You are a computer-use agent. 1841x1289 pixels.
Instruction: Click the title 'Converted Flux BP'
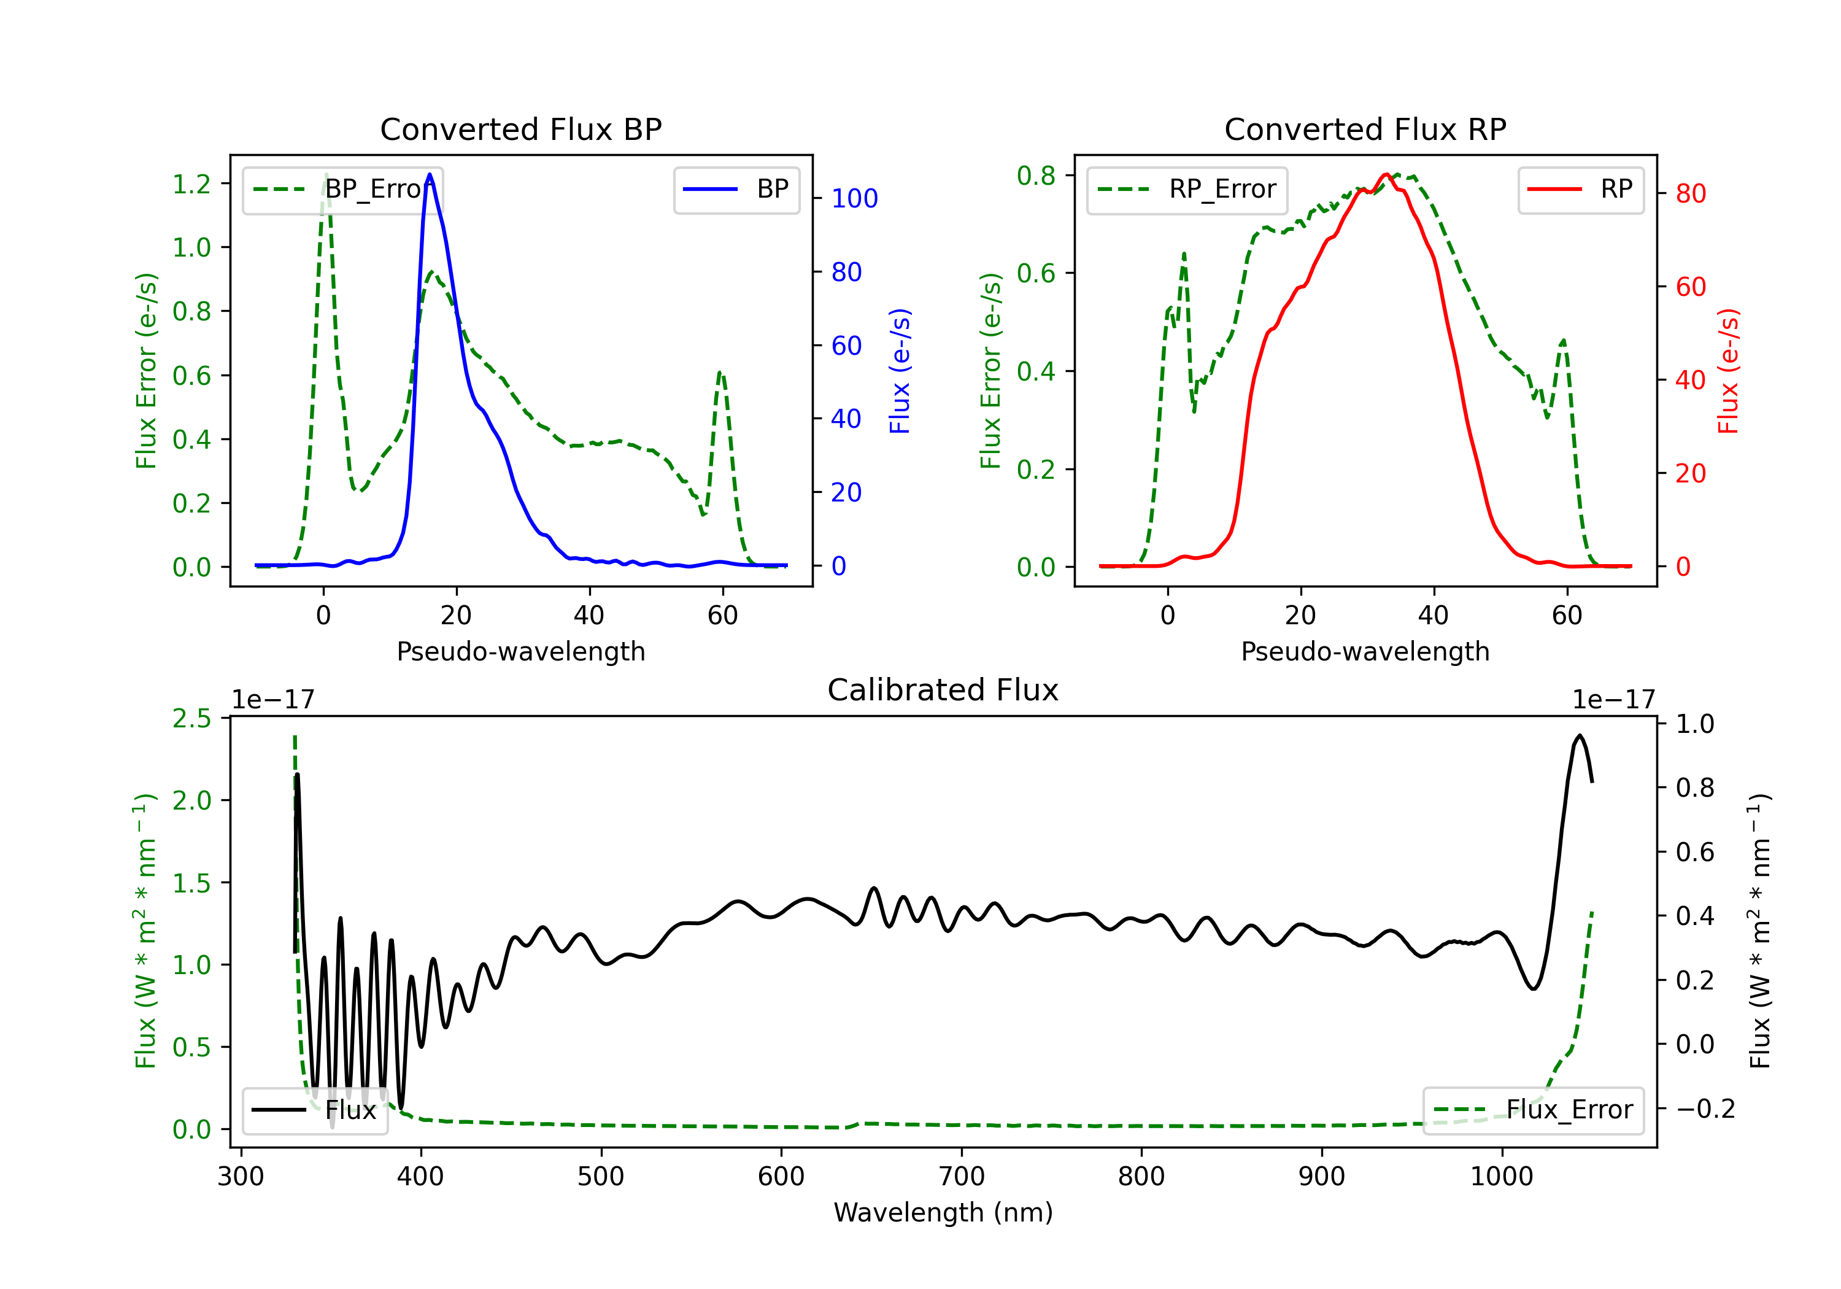(x=520, y=129)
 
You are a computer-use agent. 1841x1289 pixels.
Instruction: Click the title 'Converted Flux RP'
(x=1365, y=129)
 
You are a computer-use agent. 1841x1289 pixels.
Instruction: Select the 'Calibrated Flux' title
(x=943, y=690)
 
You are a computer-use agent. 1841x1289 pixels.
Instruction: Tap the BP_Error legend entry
(x=342, y=189)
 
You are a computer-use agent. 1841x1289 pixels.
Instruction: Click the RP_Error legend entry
(x=1187, y=189)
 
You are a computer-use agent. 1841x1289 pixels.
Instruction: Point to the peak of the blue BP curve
(x=430, y=174)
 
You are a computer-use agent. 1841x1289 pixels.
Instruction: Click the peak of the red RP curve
(x=1386, y=174)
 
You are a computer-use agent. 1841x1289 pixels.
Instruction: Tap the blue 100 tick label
(x=855, y=198)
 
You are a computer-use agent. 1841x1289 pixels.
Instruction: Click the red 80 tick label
(x=1691, y=193)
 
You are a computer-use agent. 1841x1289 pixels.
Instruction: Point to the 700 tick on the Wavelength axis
(x=962, y=1177)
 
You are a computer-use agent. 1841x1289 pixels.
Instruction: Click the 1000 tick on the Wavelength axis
(x=1502, y=1177)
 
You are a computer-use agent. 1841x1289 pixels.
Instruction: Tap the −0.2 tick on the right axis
(x=1705, y=1109)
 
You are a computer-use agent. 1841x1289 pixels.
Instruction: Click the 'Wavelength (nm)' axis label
(x=943, y=1212)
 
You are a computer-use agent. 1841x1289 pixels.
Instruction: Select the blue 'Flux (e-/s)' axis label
(x=900, y=371)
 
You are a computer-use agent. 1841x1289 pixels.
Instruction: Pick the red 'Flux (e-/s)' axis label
(x=1729, y=371)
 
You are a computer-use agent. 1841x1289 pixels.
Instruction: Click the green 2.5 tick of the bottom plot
(x=191, y=719)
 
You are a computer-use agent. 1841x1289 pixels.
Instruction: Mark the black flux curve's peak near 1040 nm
(x=1580, y=735)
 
